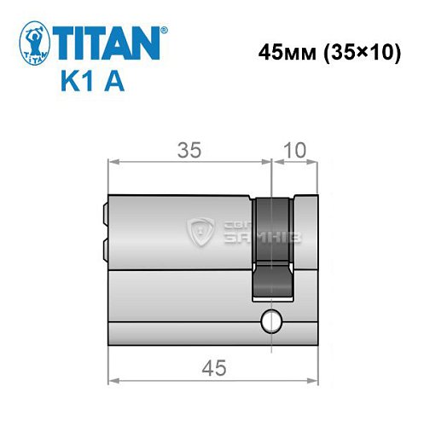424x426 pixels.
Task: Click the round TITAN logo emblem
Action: (x=34, y=42)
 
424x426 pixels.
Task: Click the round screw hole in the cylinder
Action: (x=271, y=321)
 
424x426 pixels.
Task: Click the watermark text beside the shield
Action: (x=259, y=232)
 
